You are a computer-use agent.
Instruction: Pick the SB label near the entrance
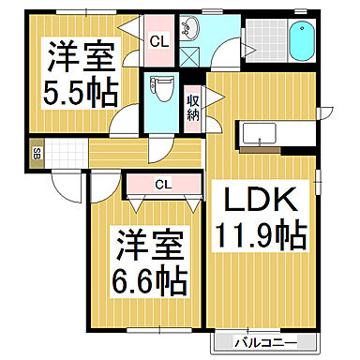pyautogui.click(x=37, y=153)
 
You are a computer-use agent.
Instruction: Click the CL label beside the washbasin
pyautogui.click(x=158, y=41)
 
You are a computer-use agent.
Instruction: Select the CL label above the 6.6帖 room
pyautogui.click(x=162, y=184)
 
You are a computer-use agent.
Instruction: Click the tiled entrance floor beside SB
pyautogui.click(x=66, y=153)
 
